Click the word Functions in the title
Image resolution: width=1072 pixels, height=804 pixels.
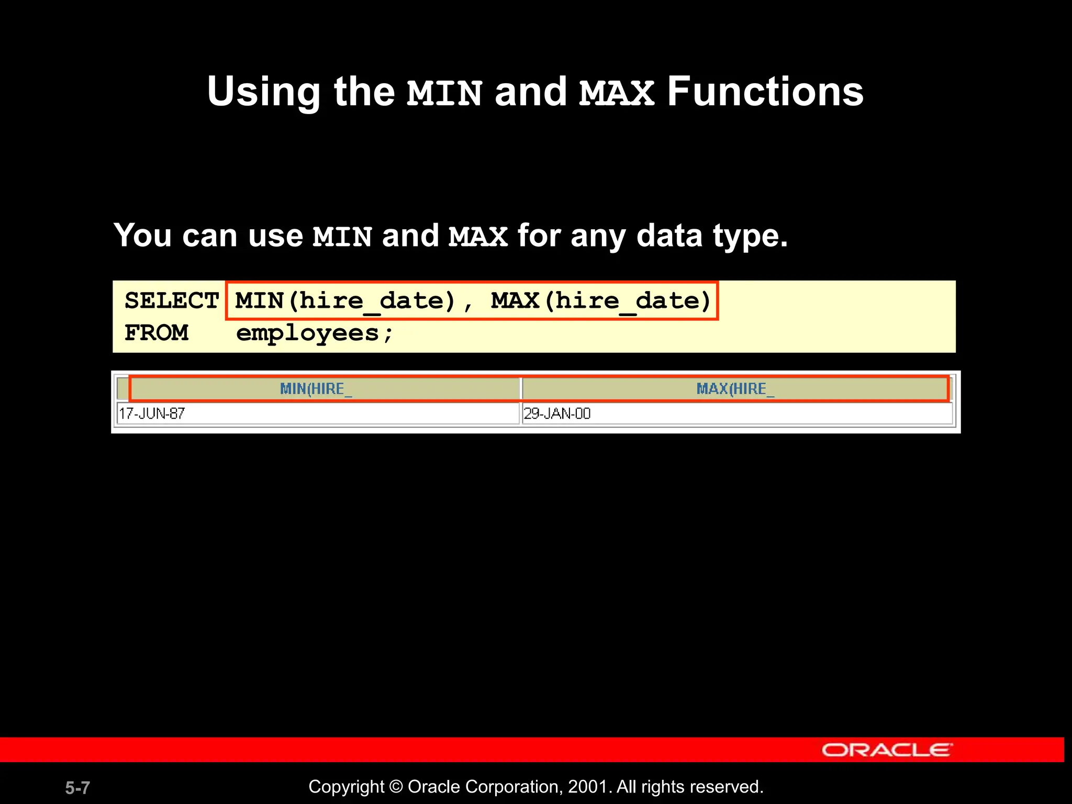pos(765,92)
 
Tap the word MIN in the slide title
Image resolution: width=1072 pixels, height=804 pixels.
pos(444,93)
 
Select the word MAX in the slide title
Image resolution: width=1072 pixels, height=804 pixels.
pos(617,93)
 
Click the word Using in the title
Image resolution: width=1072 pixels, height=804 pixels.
pos(263,93)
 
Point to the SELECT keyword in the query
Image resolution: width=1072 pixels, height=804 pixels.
pos(171,301)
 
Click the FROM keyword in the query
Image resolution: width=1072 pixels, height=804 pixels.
pos(156,333)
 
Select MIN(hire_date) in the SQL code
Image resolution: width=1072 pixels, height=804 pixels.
pos(345,301)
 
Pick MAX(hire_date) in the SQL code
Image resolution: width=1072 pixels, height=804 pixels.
pos(601,301)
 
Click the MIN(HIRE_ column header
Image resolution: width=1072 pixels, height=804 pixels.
pos(316,389)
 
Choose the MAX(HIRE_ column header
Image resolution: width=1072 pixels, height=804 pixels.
pos(735,389)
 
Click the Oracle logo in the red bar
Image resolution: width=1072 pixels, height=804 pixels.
pos(887,750)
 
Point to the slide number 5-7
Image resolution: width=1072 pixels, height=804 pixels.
pos(77,788)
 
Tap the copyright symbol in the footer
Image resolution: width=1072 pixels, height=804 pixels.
pos(396,787)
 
